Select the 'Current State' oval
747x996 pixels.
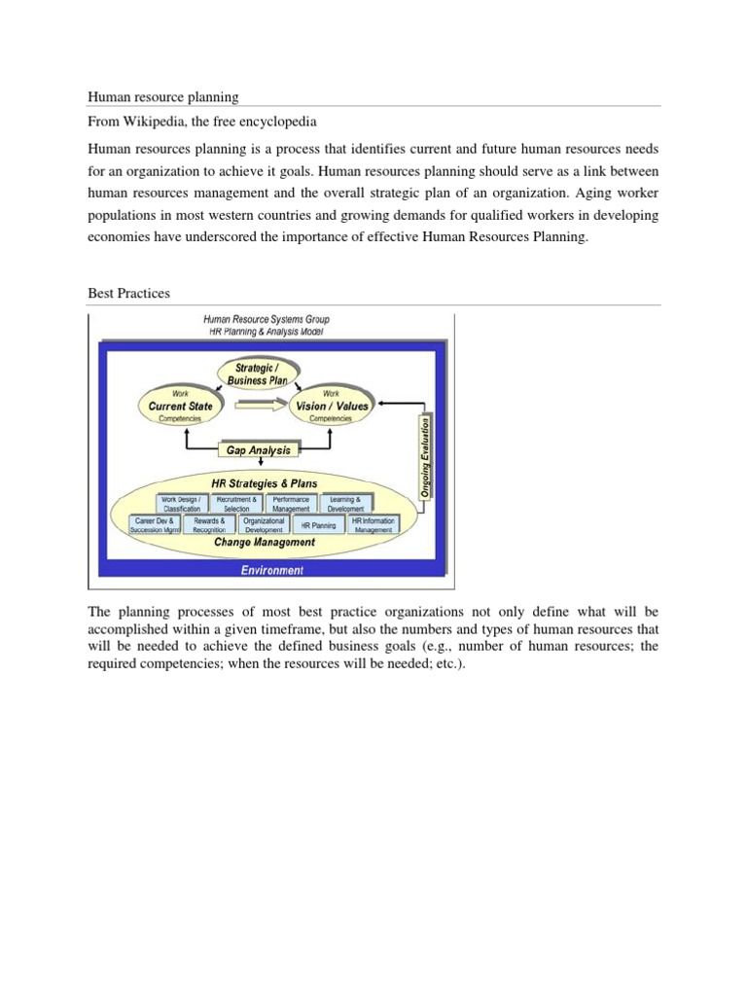(180, 406)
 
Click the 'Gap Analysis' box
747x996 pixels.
(259, 450)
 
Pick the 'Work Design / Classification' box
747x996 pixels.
(181, 504)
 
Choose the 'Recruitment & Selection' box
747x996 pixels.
(236, 504)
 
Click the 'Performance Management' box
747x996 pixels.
(291, 504)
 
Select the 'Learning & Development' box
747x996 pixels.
(346, 504)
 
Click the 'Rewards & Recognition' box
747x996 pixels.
(208, 525)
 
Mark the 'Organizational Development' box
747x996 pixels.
(264, 525)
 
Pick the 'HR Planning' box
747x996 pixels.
(318, 525)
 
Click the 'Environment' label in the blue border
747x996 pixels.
(272, 570)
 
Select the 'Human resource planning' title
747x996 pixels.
(163, 96)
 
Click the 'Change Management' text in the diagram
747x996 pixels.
(265, 543)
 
